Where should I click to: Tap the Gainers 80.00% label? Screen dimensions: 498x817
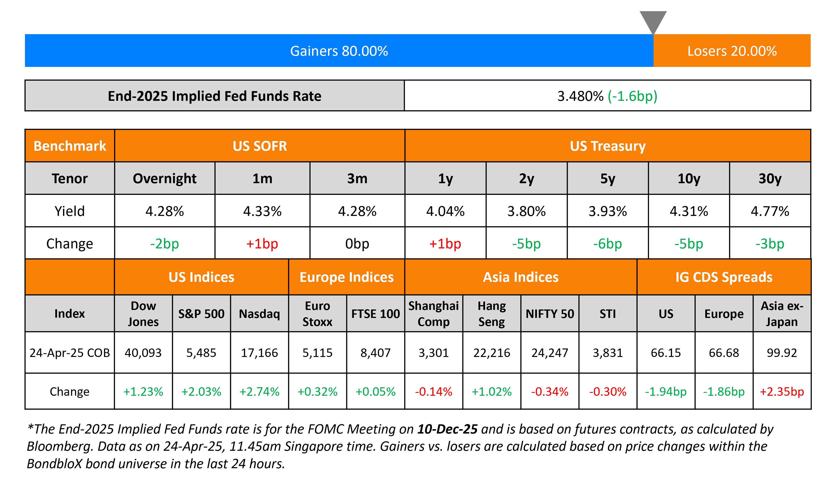[339, 51]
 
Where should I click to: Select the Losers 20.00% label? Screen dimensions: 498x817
[732, 51]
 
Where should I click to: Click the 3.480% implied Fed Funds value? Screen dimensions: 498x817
[580, 96]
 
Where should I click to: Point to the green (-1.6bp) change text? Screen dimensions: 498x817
[632, 96]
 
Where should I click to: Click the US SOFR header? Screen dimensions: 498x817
[260, 146]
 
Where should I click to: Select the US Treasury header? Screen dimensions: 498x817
[608, 146]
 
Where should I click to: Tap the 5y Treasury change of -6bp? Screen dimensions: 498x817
[608, 244]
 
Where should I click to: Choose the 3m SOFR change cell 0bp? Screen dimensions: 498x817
[357, 244]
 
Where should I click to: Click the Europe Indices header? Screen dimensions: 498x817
[346, 277]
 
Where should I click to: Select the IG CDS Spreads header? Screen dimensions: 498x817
[724, 277]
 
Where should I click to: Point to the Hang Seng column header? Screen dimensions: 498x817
[491, 313]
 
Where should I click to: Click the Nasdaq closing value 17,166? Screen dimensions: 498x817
[259, 353]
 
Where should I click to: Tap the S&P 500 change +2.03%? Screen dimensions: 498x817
[201, 392]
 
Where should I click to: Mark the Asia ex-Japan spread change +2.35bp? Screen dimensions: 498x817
[782, 392]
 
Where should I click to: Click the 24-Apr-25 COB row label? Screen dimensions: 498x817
[70, 353]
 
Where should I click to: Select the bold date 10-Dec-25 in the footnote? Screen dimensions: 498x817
[447, 429]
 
